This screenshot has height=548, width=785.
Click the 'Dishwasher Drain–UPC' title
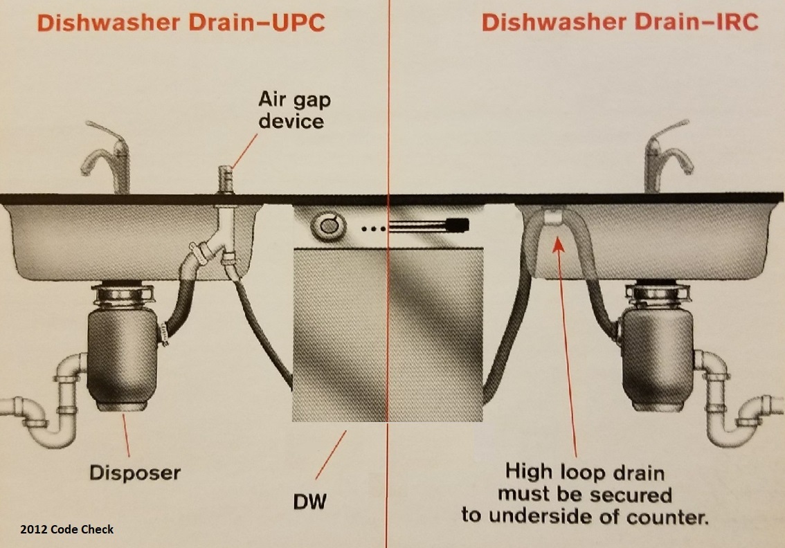pyautogui.click(x=180, y=22)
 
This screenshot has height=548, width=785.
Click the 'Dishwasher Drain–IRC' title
pyautogui.click(x=620, y=22)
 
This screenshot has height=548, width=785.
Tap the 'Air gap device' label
pyautogui.click(x=294, y=109)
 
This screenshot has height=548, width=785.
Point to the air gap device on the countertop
pyautogui.click(x=225, y=179)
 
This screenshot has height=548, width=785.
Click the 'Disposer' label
pyautogui.click(x=134, y=473)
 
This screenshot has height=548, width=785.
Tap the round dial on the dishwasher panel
pyautogui.click(x=327, y=225)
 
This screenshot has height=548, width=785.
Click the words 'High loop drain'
pyautogui.click(x=585, y=473)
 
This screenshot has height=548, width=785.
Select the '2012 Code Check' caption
pyautogui.click(x=66, y=529)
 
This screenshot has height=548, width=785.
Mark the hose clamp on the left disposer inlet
pyautogui.click(x=164, y=336)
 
